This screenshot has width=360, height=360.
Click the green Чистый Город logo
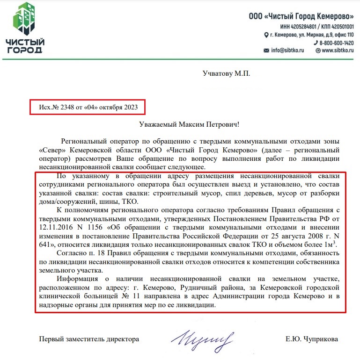25,27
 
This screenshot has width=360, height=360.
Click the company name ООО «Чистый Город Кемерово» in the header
301,16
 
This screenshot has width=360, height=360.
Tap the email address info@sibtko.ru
288,50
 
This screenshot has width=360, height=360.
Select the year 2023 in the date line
131,107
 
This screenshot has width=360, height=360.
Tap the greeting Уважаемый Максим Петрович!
189,124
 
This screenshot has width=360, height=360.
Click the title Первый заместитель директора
89,339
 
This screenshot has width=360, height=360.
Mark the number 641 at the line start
45,244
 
